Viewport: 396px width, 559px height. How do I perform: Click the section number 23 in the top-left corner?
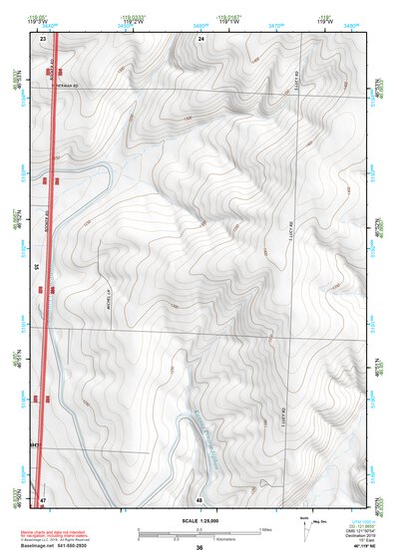[x=43, y=37]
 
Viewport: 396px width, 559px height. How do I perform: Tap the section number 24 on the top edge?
[x=200, y=37]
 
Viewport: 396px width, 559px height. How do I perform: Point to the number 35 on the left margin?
[x=36, y=267]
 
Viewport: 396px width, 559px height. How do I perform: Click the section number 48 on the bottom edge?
[x=200, y=498]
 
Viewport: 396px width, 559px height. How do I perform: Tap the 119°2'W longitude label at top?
[x=135, y=23]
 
